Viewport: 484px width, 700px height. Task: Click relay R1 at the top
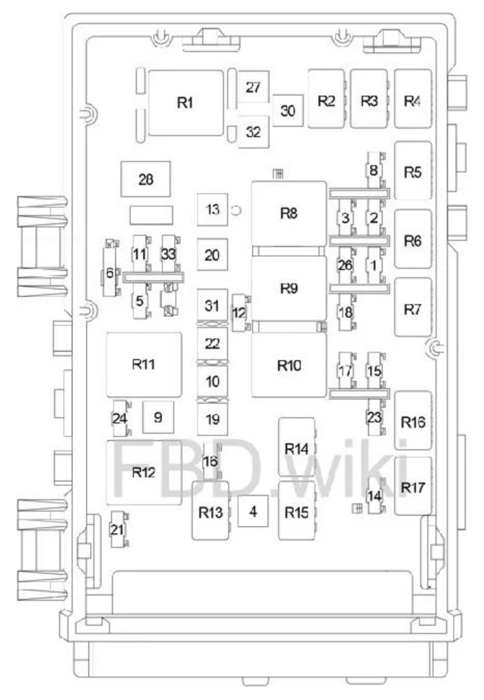coord(185,103)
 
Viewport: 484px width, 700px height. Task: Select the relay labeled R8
coord(289,214)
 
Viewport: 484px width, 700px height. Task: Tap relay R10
coord(289,365)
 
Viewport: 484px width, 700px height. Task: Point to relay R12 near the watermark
coord(144,472)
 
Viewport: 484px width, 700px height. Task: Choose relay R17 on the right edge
coord(413,487)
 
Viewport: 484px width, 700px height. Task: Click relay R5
coord(413,171)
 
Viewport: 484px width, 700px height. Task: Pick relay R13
coord(210,512)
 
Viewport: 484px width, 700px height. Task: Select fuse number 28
coord(146,179)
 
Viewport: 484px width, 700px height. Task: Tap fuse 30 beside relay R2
coord(288,110)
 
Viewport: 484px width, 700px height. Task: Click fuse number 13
coord(212,209)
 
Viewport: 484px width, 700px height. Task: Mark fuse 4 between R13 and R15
coord(253,512)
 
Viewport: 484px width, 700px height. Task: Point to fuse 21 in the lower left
coord(117,529)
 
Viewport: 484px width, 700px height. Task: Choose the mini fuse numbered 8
coord(374,170)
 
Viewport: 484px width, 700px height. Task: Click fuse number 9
coord(158,417)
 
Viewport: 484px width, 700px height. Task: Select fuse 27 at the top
coord(253,87)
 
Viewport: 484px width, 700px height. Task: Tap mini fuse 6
coord(110,273)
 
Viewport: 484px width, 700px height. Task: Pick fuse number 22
coord(212,344)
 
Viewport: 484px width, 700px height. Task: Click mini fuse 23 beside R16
coord(375,417)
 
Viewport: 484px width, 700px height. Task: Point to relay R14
coord(296,448)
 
